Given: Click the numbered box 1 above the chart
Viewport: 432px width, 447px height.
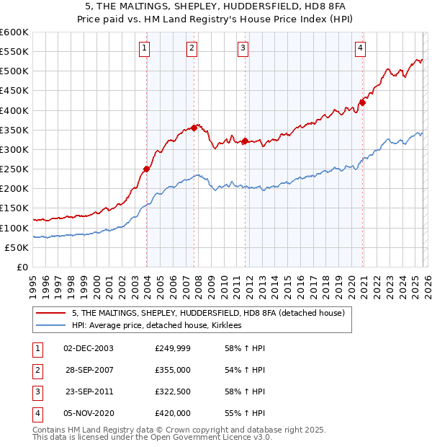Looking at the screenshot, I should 145,48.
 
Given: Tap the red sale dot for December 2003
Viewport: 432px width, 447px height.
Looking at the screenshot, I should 146,169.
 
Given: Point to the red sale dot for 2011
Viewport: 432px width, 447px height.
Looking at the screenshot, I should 246,141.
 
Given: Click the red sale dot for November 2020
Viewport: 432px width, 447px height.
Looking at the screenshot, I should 362,102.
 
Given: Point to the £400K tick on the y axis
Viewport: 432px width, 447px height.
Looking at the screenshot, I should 14,110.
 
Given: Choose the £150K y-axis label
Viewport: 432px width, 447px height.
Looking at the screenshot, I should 14,208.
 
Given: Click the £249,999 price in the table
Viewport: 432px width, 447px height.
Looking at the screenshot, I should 173,348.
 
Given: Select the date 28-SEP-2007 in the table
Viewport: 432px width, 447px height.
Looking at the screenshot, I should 89,369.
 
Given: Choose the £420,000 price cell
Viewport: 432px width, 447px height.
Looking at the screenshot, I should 173,413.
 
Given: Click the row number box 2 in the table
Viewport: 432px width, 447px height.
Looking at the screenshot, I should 37,369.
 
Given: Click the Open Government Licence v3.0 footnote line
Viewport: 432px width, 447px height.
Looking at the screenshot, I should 153,437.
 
